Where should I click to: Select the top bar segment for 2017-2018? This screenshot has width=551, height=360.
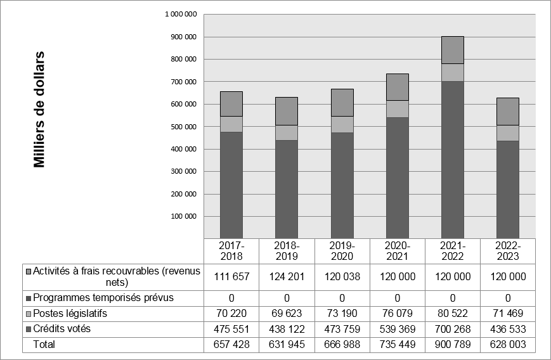[231, 104]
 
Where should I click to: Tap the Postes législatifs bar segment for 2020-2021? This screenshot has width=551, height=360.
[398, 109]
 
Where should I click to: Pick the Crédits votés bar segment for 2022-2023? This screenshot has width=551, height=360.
[508, 190]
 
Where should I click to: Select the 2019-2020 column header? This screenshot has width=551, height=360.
[342, 251]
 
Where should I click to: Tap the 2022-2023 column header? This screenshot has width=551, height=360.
[508, 251]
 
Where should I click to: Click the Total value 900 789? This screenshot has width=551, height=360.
[453, 344]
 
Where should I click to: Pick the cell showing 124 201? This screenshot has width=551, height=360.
[287, 277]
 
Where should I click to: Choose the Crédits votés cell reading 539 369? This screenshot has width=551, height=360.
[398, 329]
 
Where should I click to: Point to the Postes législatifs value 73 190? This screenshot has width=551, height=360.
[342, 314]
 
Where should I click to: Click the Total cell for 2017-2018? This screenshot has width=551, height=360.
[231, 344]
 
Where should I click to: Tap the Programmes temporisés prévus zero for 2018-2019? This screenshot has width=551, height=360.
[287, 298]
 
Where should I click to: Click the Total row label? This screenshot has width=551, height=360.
[44, 344]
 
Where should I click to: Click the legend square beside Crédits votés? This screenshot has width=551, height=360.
[29, 329]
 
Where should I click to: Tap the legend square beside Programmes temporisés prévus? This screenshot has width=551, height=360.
[29, 298]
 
